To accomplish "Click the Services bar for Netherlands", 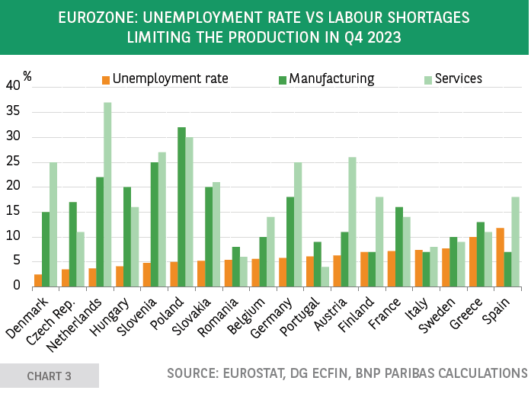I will click(x=107, y=195).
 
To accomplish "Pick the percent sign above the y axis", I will click(x=27, y=75).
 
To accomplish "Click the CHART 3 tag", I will click(x=49, y=376).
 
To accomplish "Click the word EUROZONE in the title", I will click(x=94, y=17).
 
